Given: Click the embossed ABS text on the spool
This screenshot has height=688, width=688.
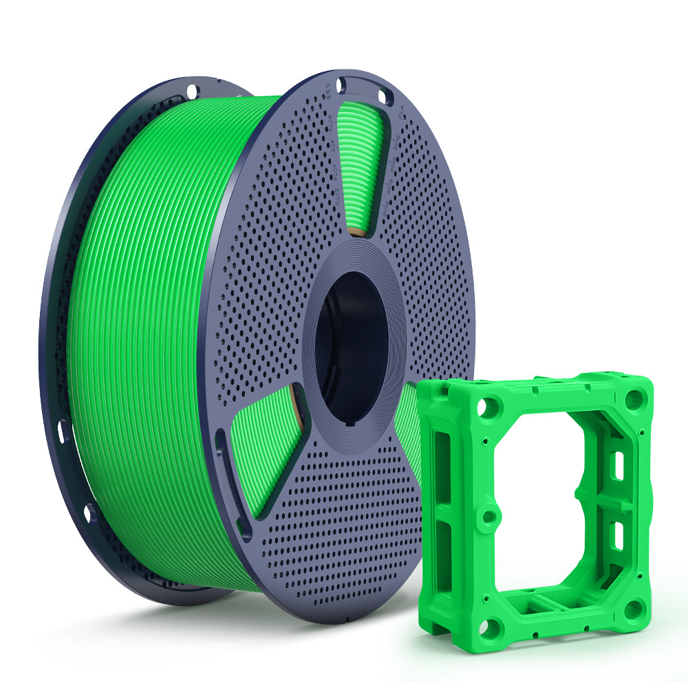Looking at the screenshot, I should tap(328, 92).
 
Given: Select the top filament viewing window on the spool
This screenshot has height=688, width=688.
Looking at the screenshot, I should tap(359, 165).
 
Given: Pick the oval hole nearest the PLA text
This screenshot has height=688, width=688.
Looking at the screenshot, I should tap(382, 97).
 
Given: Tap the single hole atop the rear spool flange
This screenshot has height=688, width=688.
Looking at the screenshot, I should tap(192, 89).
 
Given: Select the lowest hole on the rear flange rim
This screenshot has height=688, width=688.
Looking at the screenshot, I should tap(89, 513).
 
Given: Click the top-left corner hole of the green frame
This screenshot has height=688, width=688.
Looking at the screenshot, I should tap(488, 407).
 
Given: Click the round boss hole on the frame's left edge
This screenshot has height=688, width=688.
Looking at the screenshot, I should tap(488, 517).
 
